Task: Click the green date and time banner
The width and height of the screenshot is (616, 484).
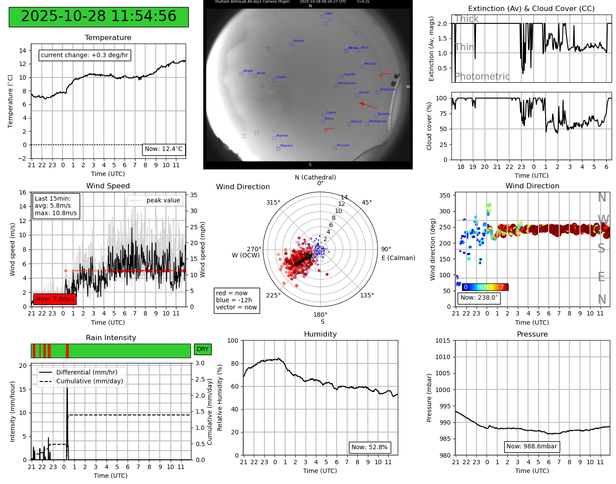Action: coord(99,17)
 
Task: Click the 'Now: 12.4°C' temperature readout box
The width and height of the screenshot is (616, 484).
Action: coord(163,149)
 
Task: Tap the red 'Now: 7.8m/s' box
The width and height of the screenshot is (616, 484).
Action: coord(55,299)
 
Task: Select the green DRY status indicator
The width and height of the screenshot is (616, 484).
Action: coord(202,349)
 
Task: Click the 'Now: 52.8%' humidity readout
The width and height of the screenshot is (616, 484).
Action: coord(369,447)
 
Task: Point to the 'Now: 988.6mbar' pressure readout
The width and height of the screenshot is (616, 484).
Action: coord(532,447)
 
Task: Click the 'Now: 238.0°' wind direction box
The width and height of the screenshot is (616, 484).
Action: coord(479,298)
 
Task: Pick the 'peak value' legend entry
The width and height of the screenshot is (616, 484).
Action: coord(163,201)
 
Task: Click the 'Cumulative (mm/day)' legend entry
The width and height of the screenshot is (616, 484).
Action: coord(89,381)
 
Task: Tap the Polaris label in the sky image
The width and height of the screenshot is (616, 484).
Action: coord(298,41)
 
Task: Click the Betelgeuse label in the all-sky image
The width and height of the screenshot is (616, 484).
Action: coord(378,121)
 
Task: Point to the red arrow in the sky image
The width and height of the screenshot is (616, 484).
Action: coord(368,106)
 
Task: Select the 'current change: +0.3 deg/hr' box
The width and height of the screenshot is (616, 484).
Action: coord(84,55)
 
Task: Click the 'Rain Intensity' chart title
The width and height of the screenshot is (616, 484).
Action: coord(111,338)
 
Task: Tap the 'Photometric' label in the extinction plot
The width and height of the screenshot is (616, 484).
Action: coord(482,77)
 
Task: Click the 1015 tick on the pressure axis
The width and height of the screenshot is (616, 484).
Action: coord(443,341)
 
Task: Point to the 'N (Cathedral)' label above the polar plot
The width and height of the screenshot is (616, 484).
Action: coord(315,177)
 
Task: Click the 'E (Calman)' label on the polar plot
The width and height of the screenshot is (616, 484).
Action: coord(398,258)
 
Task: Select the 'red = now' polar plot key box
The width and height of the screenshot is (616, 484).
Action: coord(237,301)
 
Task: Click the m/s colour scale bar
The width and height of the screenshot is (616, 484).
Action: coord(485,287)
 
